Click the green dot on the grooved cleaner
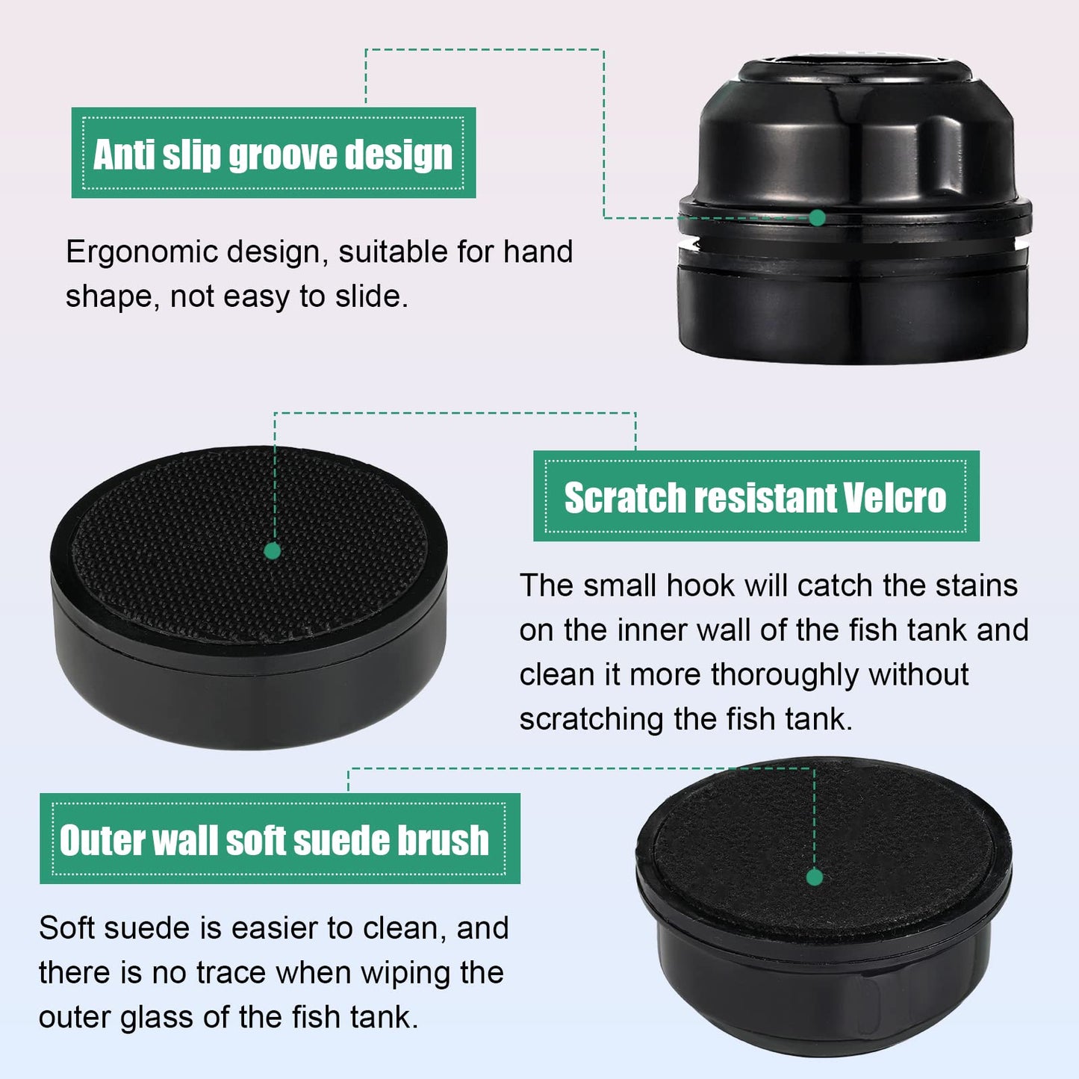point(817,217)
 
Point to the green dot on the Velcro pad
point(272,551)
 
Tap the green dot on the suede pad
point(815,877)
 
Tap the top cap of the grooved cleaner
point(856,70)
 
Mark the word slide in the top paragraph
point(372,296)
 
